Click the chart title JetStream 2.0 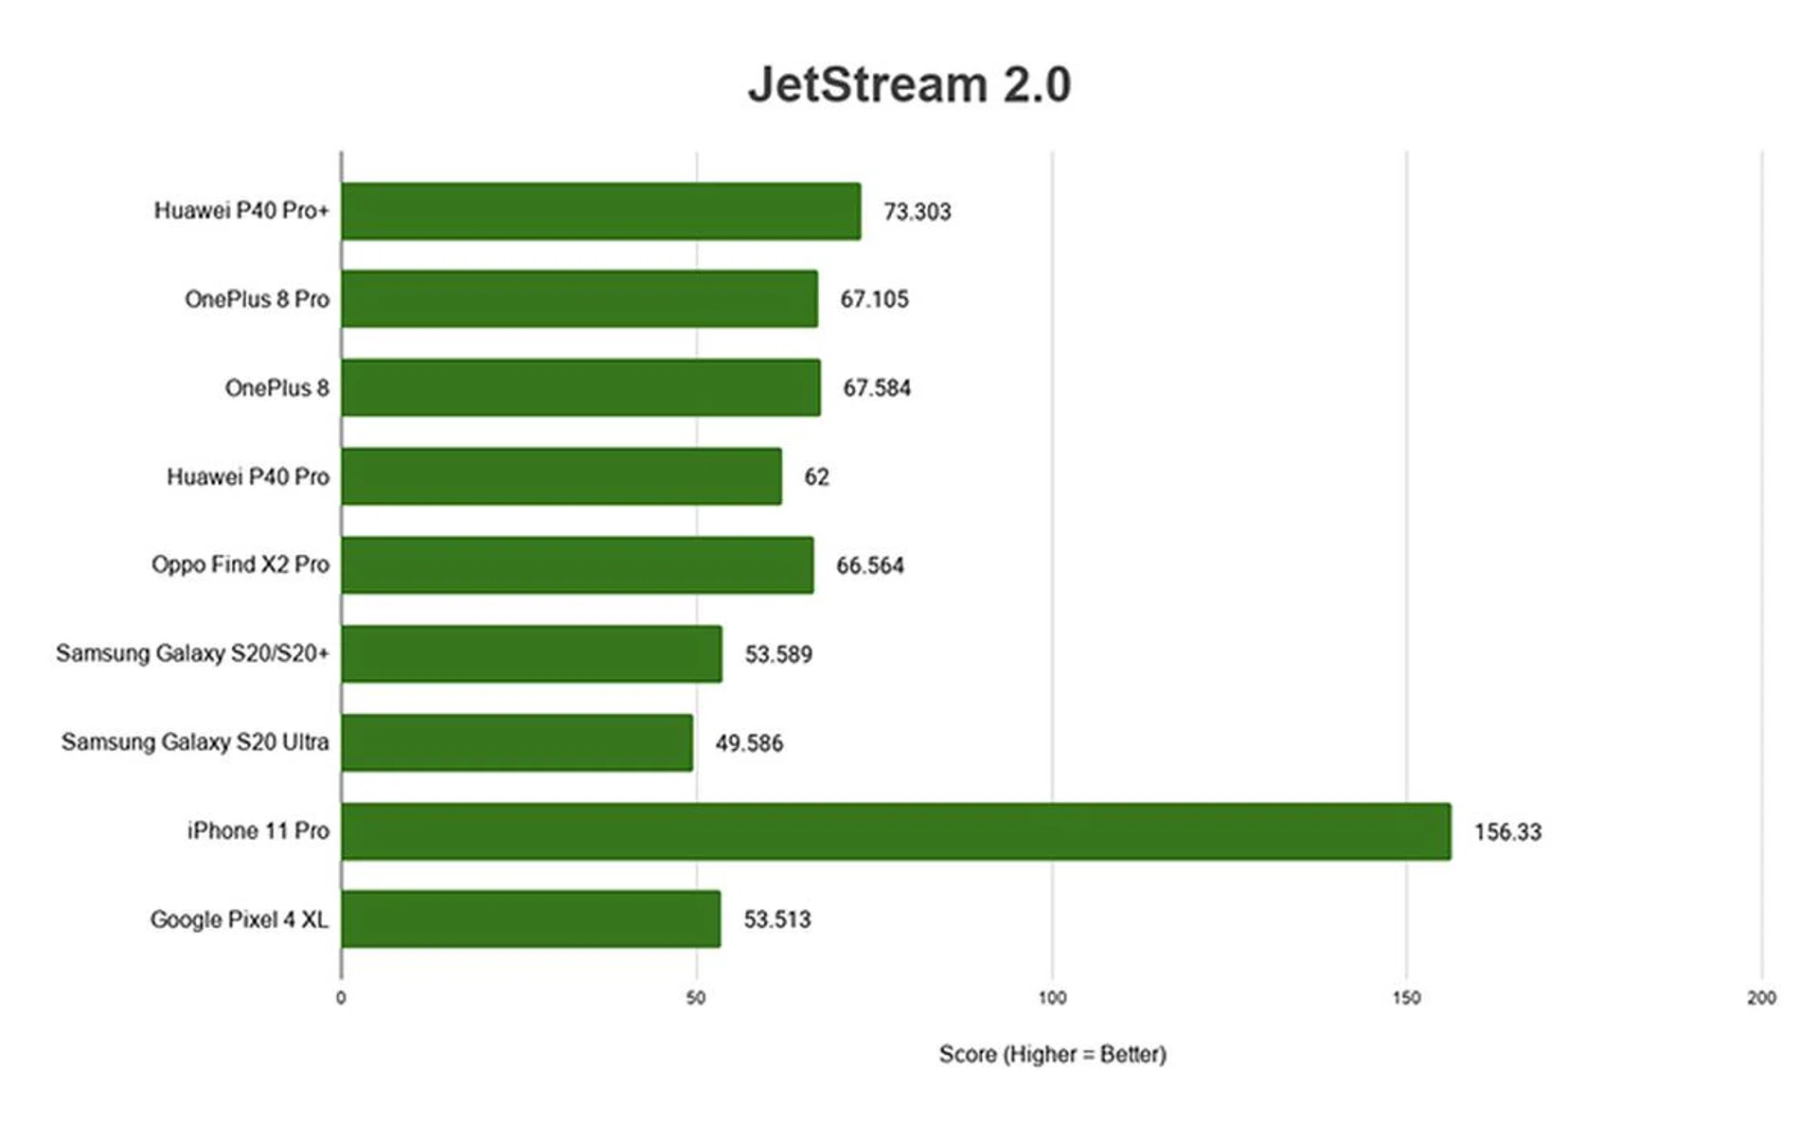coord(909,84)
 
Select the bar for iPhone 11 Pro coord(896,831)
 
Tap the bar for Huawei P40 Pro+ coord(601,211)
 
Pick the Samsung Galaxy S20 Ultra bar coord(517,742)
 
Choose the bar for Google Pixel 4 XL coord(530,918)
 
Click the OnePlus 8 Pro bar coord(579,299)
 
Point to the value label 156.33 coord(1507,832)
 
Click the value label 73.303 coord(917,212)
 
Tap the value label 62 coord(816,477)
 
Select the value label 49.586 coord(749,743)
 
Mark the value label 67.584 coord(877,388)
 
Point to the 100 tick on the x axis coord(1052,998)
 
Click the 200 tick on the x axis coord(1761,998)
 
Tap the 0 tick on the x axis coord(341,998)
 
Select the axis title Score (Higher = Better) coord(1052,1054)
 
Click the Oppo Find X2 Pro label coord(241,565)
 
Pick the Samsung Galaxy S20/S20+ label coord(192,653)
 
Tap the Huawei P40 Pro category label coord(248,476)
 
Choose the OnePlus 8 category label coord(276,388)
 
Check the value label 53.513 coord(776,919)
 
